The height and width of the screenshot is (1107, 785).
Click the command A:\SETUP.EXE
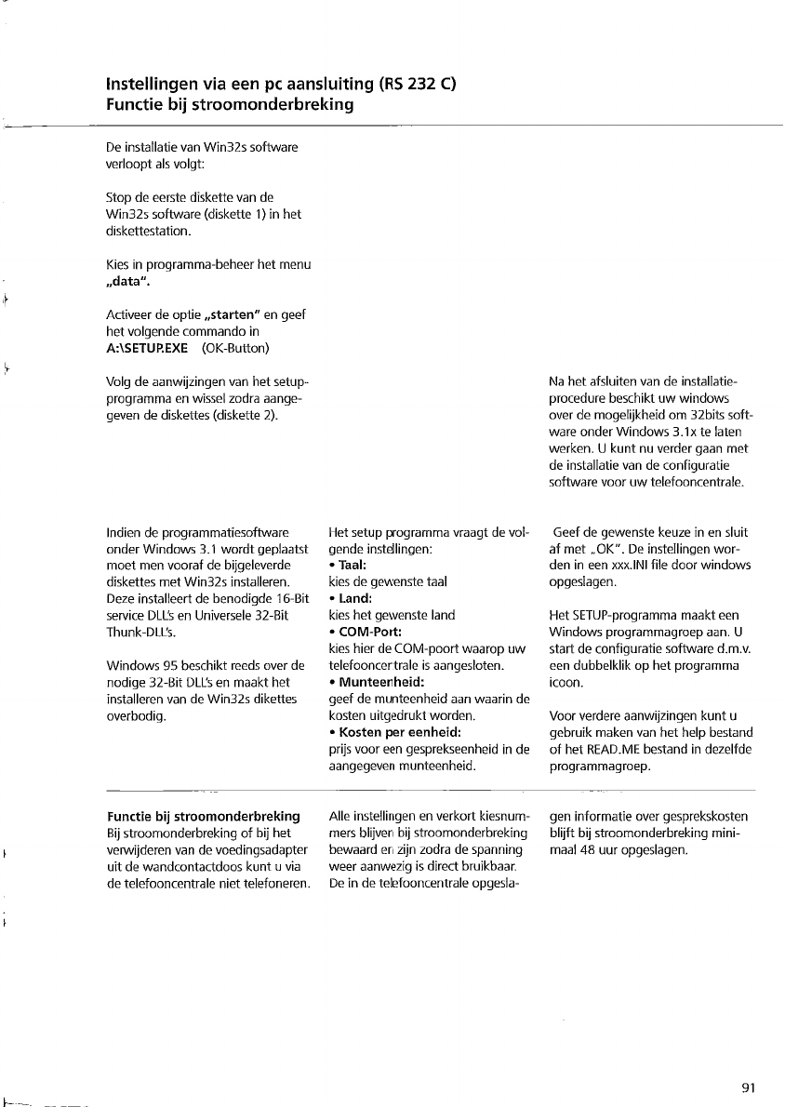(148, 348)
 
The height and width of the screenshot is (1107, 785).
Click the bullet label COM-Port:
(366, 632)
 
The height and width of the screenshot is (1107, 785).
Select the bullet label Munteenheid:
(378, 682)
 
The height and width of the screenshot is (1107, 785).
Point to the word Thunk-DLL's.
(141, 632)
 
